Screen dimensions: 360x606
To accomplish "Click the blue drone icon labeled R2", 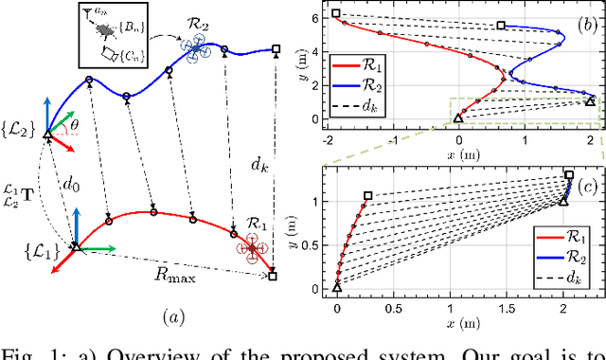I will click(x=199, y=48).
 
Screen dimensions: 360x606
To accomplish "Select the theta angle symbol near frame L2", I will click(x=77, y=122).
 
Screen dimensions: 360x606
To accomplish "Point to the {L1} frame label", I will click(x=44, y=249).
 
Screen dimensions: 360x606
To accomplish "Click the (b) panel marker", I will click(x=576, y=20).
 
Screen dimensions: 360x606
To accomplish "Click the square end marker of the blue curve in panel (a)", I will click(x=276, y=48).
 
